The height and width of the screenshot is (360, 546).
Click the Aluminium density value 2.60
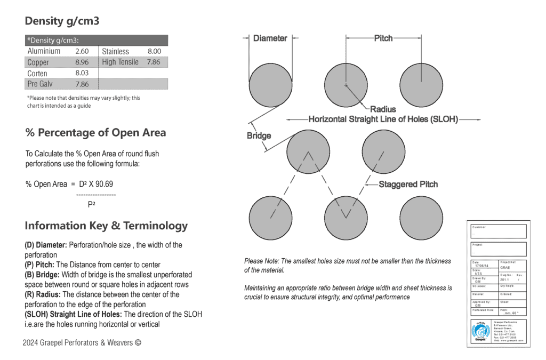[82, 51]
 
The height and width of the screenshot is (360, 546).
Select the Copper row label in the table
[38, 62]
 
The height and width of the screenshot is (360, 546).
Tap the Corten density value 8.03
[82, 73]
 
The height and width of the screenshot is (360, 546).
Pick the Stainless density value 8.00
[154, 51]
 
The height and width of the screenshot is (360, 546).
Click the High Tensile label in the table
[120, 62]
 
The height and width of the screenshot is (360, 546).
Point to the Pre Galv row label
[40, 84]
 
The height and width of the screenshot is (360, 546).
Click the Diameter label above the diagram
[270, 38]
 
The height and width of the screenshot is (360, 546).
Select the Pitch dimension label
[383, 38]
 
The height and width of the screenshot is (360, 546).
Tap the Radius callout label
[383, 109]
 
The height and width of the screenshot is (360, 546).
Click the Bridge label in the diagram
[259, 135]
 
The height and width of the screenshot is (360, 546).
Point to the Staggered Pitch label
[408, 185]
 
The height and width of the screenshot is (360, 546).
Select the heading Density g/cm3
[62, 21]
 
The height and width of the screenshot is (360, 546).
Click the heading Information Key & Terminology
[106, 226]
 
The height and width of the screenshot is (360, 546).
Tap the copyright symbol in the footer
[138, 342]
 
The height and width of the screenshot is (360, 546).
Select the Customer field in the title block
[499, 231]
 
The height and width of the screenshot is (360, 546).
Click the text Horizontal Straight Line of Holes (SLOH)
[383, 119]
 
